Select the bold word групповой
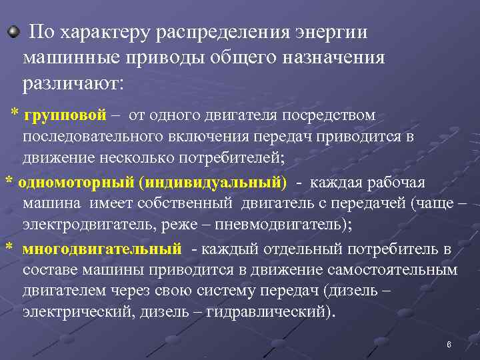(65, 115)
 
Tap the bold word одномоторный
(77, 183)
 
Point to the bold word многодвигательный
(101, 249)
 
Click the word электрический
(77, 311)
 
